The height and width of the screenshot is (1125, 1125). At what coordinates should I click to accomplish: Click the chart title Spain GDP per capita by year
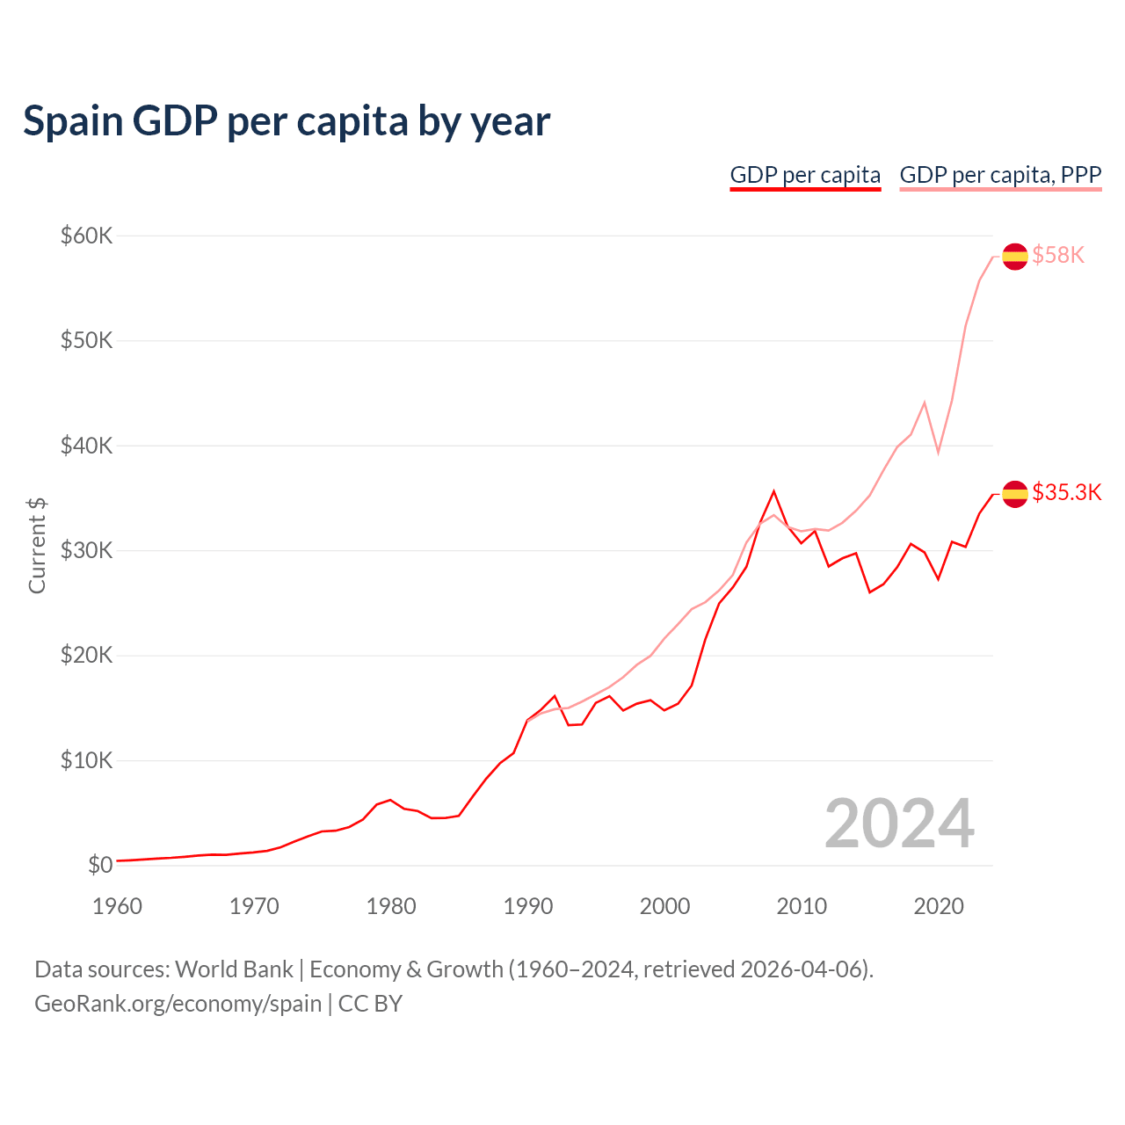287,121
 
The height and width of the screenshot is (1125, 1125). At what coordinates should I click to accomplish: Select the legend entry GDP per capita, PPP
1000,175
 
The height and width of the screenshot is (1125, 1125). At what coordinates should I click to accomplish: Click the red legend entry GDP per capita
805,175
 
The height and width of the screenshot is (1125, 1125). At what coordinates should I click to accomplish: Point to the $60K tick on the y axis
86,236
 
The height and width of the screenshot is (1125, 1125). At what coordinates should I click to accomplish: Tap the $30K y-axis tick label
86,550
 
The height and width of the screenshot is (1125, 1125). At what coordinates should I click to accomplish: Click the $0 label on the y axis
100,865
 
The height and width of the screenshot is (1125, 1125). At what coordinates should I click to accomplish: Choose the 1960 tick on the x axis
117,906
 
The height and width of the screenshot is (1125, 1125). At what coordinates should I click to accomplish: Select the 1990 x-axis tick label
528,906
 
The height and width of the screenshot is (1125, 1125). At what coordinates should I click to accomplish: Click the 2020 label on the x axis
939,906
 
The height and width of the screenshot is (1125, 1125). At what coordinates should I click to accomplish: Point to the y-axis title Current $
37,545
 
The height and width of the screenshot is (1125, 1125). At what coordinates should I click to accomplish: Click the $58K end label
1058,255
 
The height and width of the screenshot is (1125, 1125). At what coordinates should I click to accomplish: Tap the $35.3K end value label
1066,492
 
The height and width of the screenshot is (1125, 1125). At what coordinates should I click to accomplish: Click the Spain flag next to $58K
1015,256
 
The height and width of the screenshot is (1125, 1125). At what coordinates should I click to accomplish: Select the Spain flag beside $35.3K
1015,494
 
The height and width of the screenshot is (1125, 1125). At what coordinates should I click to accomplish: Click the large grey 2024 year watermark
899,824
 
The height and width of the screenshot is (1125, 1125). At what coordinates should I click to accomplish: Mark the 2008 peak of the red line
773,491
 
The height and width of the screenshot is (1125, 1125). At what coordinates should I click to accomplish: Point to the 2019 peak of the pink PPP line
925,403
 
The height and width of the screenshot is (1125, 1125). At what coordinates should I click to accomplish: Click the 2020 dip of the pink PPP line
938,452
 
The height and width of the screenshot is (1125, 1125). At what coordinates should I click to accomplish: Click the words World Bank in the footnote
234,969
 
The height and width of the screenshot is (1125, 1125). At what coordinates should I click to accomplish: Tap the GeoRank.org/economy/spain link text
178,1004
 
